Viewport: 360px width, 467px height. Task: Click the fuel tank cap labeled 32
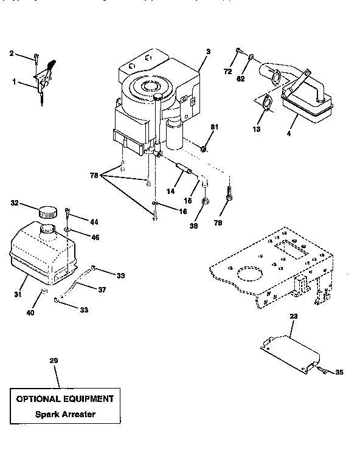[47, 212]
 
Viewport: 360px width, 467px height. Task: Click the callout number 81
[213, 126]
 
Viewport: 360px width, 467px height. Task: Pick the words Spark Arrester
[64, 415]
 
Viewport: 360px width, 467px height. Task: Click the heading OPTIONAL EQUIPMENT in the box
[64, 399]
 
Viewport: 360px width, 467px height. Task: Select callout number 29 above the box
[54, 361]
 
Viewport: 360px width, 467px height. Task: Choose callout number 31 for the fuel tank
[18, 294]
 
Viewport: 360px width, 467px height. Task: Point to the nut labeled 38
[206, 201]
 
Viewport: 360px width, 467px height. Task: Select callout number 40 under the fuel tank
[30, 313]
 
